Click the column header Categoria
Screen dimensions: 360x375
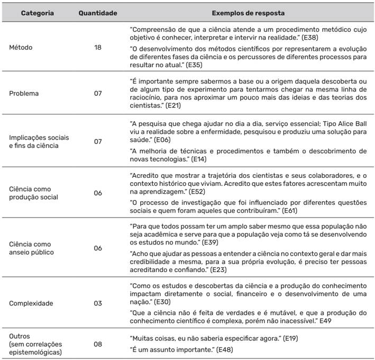[x=37, y=12]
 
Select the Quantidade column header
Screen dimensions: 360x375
[x=98, y=12]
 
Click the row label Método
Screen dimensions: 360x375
[x=21, y=47]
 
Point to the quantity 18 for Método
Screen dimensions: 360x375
[x=98, y=47]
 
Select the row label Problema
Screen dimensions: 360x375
[x=24, y=93]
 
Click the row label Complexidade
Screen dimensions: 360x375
[x=31, y=304]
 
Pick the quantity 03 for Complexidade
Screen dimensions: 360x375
[x=98, y=304]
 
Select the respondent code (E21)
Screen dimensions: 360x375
[x=174, y=106]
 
